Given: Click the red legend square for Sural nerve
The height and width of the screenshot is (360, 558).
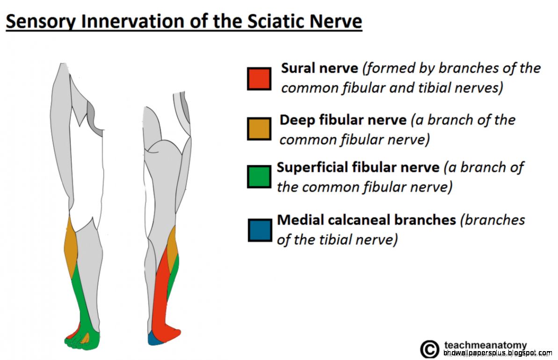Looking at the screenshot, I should point(259,79).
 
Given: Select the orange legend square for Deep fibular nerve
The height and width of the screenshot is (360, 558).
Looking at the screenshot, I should point(259,129).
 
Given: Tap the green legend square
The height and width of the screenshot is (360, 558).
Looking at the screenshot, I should point(259,177).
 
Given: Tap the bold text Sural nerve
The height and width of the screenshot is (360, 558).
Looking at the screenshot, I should point(319,68).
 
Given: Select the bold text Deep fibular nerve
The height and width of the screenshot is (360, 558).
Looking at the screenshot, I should point(343,120).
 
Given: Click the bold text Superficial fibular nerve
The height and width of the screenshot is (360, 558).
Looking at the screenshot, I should point(358,167).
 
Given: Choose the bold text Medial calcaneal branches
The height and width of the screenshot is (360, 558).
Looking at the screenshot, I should point(366,220).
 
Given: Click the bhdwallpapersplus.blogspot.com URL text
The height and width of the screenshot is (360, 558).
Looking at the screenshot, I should point(498,353).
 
